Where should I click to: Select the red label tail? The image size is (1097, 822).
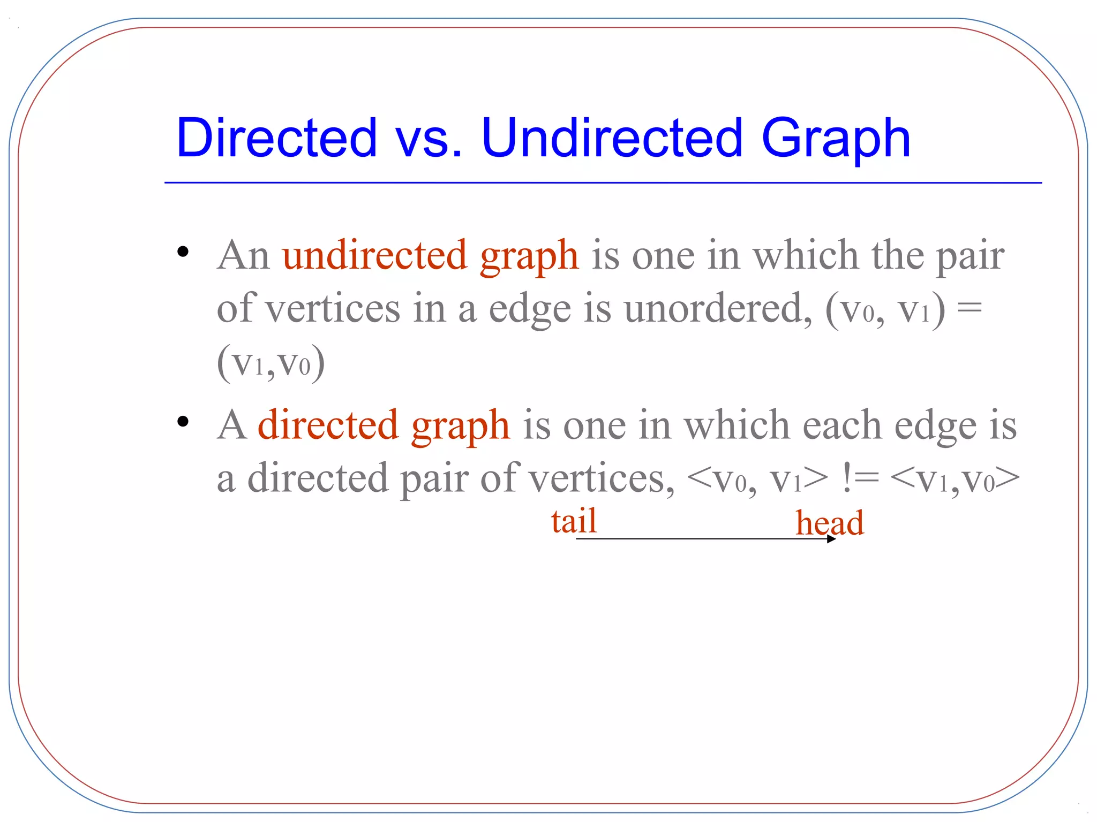[x=574, y=521]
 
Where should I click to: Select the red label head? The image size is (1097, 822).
[x=829, y=523]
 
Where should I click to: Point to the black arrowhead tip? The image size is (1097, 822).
[x=834, y=539]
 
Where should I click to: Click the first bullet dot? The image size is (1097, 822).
[x=183, y=252]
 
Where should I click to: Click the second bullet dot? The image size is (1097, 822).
[x=183, y=422]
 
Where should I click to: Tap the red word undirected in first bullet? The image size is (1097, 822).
[x=374, y=255]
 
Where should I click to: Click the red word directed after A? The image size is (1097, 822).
[x=328, y=425]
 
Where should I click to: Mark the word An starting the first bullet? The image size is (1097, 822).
[x=243, y=255]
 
